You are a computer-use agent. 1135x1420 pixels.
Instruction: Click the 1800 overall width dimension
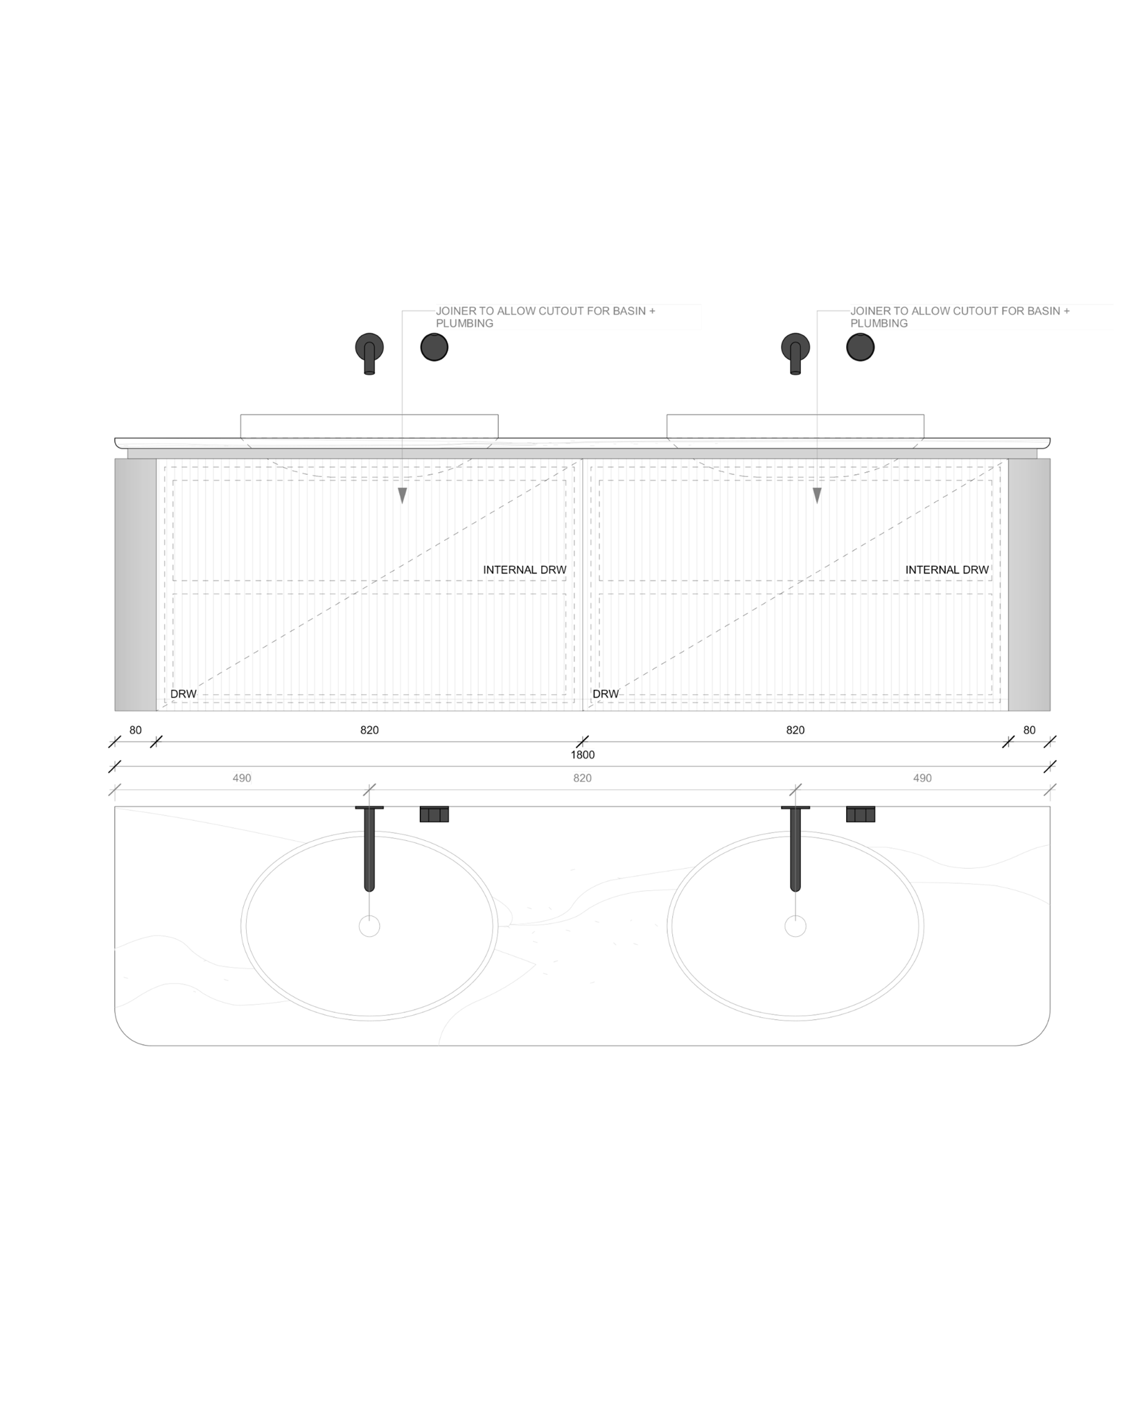point(582,754)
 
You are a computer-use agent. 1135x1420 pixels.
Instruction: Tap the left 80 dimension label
point(135,730)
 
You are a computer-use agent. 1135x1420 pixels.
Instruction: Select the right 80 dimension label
point(1029,730)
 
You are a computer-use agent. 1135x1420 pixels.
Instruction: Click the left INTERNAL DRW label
point(525,570)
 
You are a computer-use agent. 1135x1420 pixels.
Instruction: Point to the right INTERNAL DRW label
point(947,570)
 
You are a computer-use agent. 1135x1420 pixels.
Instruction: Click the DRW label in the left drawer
point(184,694)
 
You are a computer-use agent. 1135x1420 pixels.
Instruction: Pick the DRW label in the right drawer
point(606,694)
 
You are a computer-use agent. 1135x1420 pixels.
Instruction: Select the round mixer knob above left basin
point(434,347)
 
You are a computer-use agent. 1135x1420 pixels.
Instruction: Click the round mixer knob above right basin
point(860,347)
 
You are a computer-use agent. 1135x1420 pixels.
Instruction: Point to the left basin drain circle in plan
point(369,926)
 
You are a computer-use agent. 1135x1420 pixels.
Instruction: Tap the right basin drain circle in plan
point(795,926)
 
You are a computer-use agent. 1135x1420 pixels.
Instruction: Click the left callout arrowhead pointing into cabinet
point(403,495)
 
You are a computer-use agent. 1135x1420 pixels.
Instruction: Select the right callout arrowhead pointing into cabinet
point(817,495)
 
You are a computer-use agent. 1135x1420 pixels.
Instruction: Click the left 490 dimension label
point(242,778)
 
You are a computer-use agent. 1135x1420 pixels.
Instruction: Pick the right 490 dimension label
point(922,778)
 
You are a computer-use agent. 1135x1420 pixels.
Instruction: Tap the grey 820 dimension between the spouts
point(582,778)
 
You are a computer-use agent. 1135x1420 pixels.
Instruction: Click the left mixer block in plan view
point(434,815)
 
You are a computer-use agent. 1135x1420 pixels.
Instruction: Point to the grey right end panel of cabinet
point(1029,585)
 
